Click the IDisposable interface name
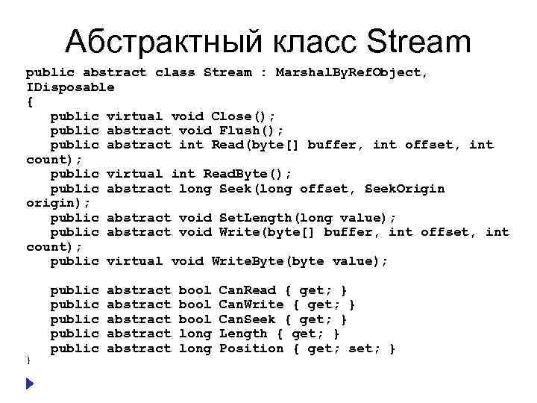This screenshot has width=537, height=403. tap(70, 87)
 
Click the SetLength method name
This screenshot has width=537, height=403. tap(257, 218)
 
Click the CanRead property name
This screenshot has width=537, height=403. tap(247, 290)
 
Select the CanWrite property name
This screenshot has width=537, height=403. tap(251, 304)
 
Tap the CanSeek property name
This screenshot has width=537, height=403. tap(247, 319)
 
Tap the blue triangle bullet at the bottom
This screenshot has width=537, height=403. tap(29, 383)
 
